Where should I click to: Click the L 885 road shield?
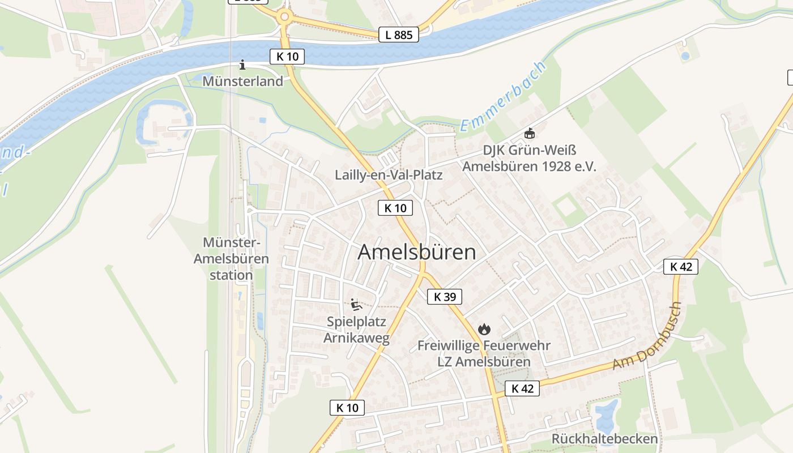tap(399, 35)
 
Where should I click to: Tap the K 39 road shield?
tap(445, 296)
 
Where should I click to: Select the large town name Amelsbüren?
tap(417, 253)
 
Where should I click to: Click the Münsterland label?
tap(242, 81)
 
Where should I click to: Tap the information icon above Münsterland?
tap(242, 65)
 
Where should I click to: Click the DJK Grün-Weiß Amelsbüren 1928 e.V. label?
tap(529, 159)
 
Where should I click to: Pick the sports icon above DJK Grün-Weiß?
tap(529, 134)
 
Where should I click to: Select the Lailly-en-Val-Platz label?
tap(389, 174)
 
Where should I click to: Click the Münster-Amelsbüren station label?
tap(231, 259)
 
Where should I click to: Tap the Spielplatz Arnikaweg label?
tap(356, 330)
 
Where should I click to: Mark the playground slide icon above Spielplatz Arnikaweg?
tap(356, 305)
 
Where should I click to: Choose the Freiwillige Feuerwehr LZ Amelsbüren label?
tap(484, 353)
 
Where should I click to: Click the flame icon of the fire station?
tap(484, 329)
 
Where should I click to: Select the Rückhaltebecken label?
tap(604, 439)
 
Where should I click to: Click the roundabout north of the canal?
tap(284, 16)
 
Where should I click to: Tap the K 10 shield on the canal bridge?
tap(287, 57)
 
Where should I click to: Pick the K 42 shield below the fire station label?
tap(522, 388)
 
